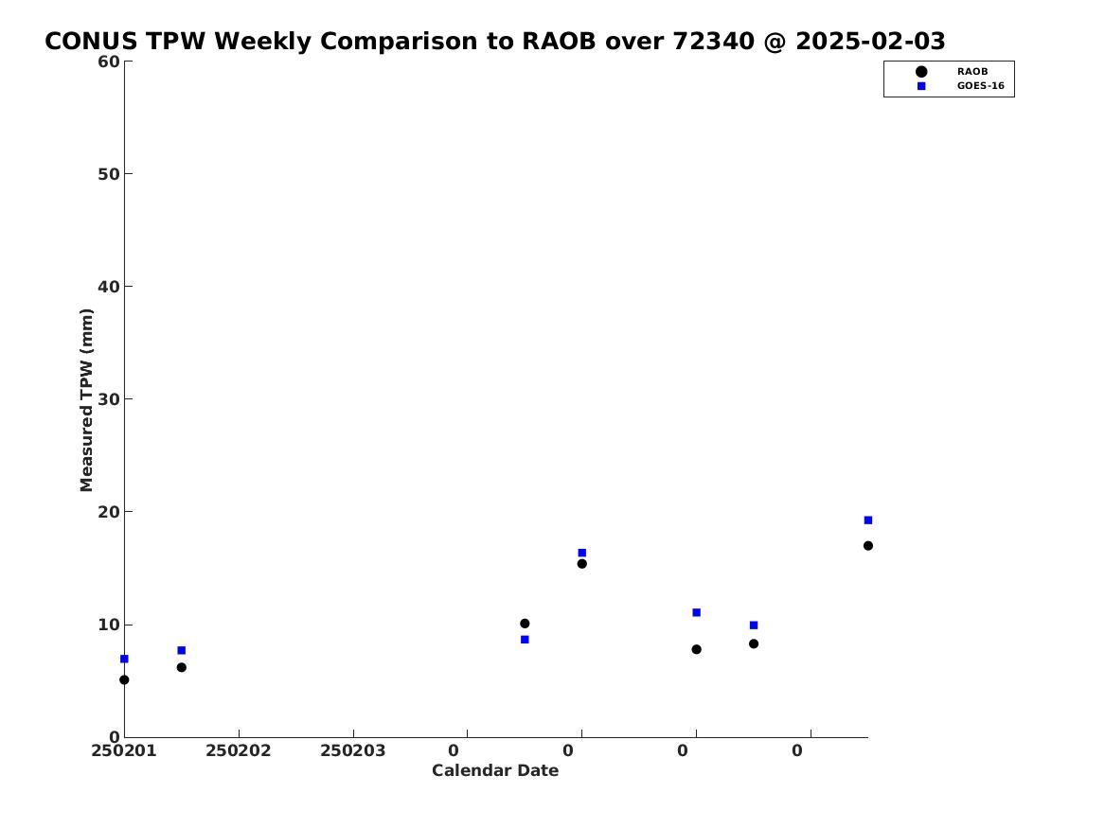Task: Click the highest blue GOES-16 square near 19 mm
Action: click(867, 520)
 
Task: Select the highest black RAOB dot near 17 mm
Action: click(867, 546)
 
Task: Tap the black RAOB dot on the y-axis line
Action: click(124, 679)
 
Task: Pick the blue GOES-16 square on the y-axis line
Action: click(124, 659)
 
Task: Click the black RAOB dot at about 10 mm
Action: click(525, 624)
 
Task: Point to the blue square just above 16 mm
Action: click(581, 553)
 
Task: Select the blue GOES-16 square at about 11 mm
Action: click(696, 612)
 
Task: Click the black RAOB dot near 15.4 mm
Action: click(581, 564)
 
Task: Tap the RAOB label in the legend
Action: click(971, 72)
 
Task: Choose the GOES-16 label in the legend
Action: click(980, 86)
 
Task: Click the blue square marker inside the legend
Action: click(920, 86)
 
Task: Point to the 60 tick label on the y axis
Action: click(108, 62)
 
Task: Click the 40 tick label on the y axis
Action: click(108, 287)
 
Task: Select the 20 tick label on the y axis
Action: click(108, 512)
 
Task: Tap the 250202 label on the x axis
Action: click(239, 751)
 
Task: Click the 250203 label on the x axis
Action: click(353, 751)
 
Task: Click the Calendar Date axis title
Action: click(495, 771)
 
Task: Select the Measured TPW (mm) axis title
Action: click(87, 399)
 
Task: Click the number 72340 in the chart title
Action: click(717, 42)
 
